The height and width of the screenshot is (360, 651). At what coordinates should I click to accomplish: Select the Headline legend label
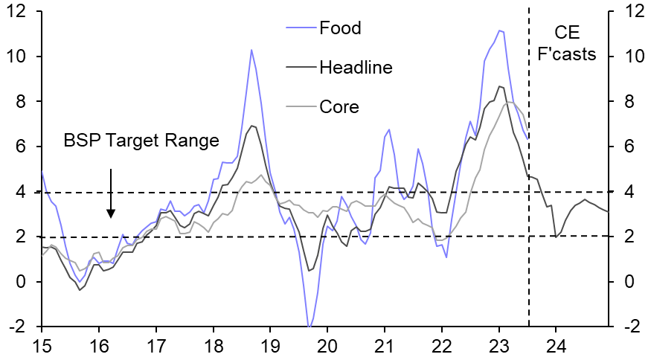(x=355, y=68)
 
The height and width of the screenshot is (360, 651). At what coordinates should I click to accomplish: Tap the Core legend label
(x=339, y=106)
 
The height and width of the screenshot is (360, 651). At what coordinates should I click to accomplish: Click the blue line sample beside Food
(x=300, y=29)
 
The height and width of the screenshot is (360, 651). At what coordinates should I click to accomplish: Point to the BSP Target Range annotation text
(x=141, y=140)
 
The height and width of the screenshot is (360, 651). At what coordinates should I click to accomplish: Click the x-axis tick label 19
(x=270, y=346)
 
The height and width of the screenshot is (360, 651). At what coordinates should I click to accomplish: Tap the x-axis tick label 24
(x=556, y=346)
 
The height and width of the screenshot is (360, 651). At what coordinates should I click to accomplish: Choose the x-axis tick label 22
(x=442, y=346)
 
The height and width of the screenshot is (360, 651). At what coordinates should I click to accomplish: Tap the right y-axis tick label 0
(x=629, y=282)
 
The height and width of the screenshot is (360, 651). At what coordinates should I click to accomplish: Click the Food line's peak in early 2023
(x=500, y=30)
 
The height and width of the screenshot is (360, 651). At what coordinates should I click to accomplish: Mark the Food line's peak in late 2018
(x=251, y=50)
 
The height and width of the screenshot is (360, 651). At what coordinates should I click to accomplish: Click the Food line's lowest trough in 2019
(x=309, y=326)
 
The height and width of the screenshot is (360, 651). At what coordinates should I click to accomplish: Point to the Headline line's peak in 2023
(x=500, y=86)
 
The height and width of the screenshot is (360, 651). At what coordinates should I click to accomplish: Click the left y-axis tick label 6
(x=23, y=147)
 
